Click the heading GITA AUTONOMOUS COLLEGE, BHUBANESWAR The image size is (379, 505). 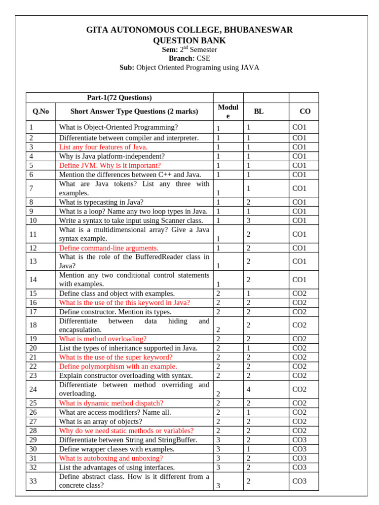click(189, 30)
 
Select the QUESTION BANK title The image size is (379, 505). click(189, 40)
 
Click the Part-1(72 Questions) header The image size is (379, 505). click(119, 98)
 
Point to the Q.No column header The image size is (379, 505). click(41, 111)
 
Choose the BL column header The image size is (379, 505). click(259, 111)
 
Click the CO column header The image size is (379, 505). click(305, 112)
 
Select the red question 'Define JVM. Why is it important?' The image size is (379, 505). click(110, 165)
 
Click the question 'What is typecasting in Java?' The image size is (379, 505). click(101, 202)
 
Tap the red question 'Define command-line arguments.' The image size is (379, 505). click(109, 248)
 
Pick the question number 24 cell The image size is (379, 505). click(34, 389)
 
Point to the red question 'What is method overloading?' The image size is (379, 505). click(103, 339)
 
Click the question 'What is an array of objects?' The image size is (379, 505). click(100, 422)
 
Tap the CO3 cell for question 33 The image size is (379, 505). click(299, 481)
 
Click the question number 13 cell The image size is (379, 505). click(34, 261)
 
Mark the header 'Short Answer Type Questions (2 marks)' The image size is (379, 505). click(134, 111)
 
